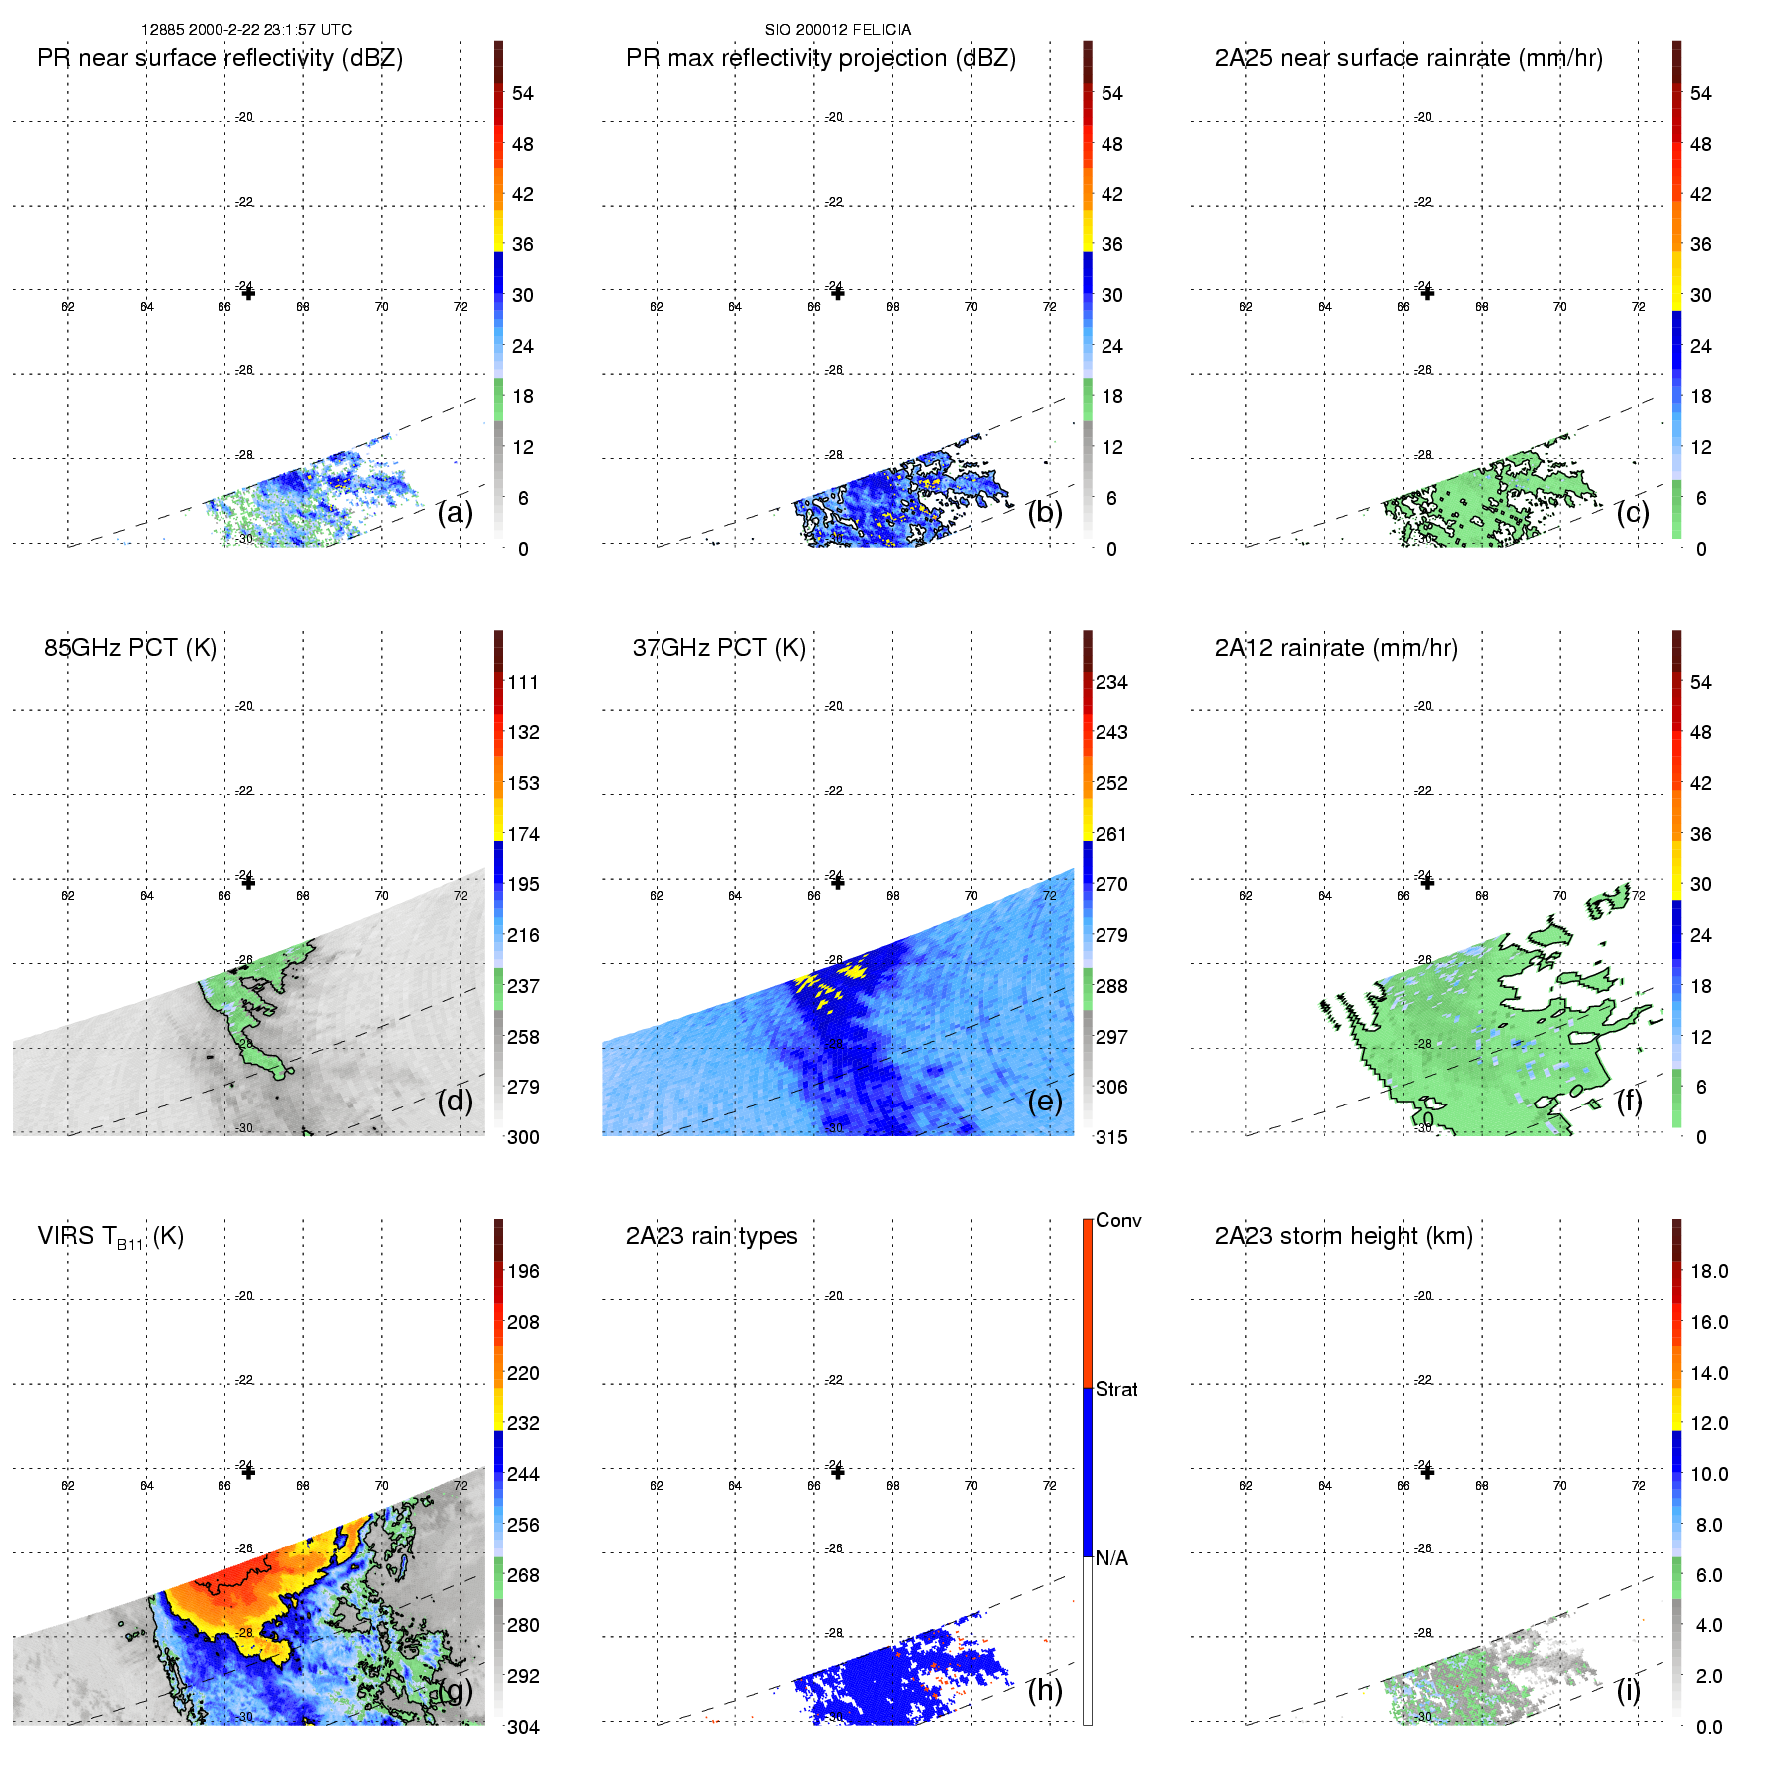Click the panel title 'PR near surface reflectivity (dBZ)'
[220, 58]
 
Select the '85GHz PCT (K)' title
[130, 648]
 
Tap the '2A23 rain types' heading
[710, 1236]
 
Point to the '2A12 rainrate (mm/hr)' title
[1335, 648]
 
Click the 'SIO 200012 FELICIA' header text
[837, 30]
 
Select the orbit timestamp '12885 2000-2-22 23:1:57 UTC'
[246, 30]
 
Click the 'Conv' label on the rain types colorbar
[1117, 1220]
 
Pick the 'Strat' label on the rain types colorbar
[1115, 1389]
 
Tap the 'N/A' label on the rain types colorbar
[1111, 1558]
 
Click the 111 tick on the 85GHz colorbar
[522, 682]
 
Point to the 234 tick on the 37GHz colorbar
[1110, 682]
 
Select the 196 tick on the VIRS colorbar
[522, 1271]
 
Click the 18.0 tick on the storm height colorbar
[1708, 1271]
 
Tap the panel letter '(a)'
[454, 513]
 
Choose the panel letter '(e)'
[1044, 1102]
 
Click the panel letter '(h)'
[1044, 1690]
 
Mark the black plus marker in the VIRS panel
[248, 1472]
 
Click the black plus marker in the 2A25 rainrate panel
[1427, 293]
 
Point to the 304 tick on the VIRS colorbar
[522, 1727]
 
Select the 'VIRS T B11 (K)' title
[110, 1237]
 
